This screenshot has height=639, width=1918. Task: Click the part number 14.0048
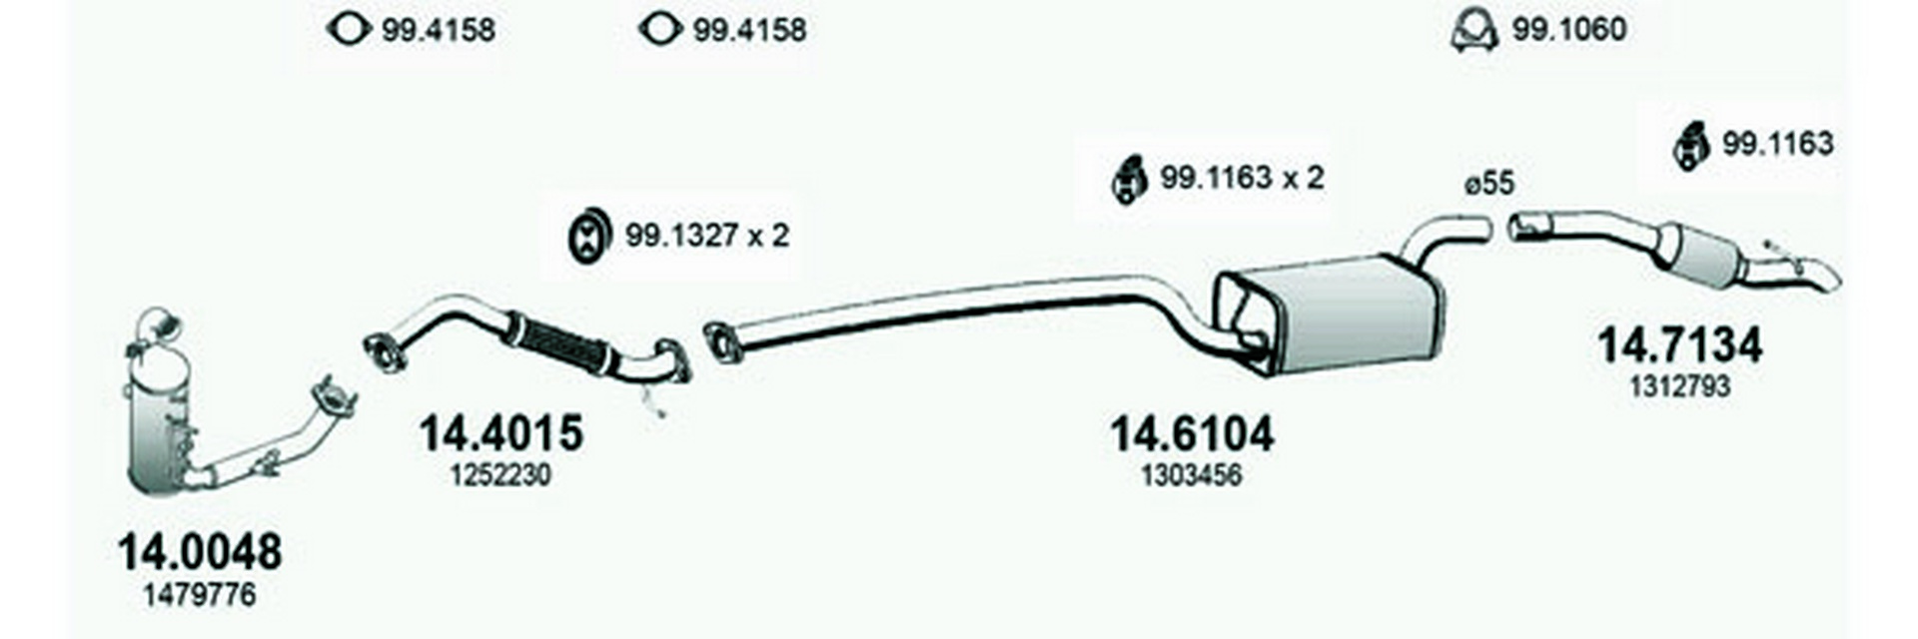pos(200,551)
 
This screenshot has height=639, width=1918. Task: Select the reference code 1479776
pos(200,596)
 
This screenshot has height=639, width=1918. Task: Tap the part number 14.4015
pos(500,433)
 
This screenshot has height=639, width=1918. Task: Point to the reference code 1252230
pos(500,475)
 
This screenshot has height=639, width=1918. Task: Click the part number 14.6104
pos(1192,433)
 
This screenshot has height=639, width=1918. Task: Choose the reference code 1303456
pos(1192,475)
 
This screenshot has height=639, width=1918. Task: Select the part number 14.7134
pos(1679,345)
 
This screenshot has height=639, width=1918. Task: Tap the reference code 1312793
pos(1679,386)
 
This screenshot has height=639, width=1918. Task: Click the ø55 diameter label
pos(1489,184)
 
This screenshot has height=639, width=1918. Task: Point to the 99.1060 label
pos(1568,30)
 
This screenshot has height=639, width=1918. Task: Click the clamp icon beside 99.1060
pos(1473,31)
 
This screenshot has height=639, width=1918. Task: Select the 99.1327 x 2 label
pos(707,236)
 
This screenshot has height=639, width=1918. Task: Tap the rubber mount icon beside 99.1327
pos(588,237)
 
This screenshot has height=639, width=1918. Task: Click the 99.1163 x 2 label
pos(1242,178)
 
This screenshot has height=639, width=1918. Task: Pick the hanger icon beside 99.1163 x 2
pos(1128,180)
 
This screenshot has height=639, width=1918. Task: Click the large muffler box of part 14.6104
pos(1339,315)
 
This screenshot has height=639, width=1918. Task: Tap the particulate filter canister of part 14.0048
pos(160,419)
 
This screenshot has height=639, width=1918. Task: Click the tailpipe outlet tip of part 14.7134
pos(1823,276)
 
